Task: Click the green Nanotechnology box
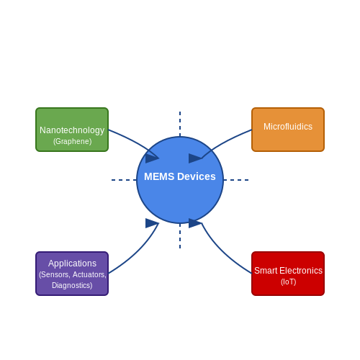click(x=72, y=130)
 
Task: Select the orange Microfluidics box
click(x=288, y=130)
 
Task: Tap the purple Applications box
click(x=72, y=274)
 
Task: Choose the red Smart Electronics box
click(x=288, y=274)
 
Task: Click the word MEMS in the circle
click(x=159, y=176)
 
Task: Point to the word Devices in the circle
click(x=197, y=176)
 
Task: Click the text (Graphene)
click(x=72, y=141)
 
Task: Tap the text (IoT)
click(x=288, y=282)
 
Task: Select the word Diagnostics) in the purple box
click(x=72, y=285)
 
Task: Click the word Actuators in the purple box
click(x=89, y=274)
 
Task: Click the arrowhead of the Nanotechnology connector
click(x=152, y=158)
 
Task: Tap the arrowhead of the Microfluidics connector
click(x=195, y=158)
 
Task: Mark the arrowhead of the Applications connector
click(x=152, y=223)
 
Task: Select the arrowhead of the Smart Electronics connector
click(x=195, y=223)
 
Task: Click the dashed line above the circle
click(x=180, y=124)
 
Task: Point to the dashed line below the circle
click(x=180, y=236)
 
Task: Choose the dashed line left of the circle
click(x=124, y=180)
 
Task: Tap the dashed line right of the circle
click(x=236, y=180)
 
